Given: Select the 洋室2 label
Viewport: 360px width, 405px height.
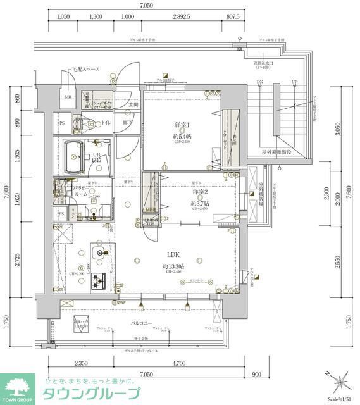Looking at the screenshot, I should tap(201, 192).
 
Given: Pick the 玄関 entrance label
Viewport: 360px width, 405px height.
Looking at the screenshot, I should tap(133, 104).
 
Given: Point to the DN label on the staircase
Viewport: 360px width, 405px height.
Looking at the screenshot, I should tap(259, 83).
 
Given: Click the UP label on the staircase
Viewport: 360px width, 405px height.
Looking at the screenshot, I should tap(294, 83).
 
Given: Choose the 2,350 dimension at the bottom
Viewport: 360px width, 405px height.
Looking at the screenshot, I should tap(81, 364).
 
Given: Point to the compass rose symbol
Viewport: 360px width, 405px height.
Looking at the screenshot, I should tap(338, 382).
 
